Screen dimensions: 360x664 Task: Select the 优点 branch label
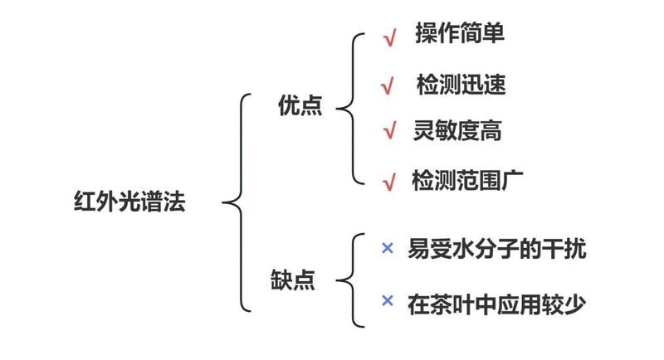pos(300,107)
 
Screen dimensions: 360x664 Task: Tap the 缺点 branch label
pos(293,279)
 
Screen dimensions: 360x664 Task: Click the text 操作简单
pos(460,34)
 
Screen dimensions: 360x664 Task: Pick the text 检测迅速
pos(461,85)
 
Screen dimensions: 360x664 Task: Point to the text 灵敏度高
pos(456,130)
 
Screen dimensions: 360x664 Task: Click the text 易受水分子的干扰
pos(496,249)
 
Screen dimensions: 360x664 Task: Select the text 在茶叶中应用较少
pos(496,304)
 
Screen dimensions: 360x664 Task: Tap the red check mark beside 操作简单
pos(388,38)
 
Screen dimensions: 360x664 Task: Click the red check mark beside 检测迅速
pos(386,85)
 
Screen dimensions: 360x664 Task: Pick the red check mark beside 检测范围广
pos(388,182)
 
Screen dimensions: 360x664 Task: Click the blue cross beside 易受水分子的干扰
pos(386,248)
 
